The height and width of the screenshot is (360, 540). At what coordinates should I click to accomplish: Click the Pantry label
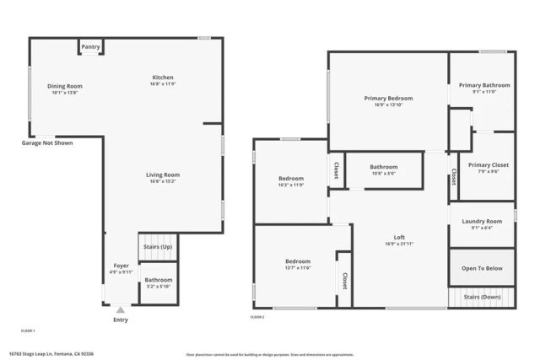point(91,47)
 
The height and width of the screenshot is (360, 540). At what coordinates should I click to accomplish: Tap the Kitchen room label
point(162,78)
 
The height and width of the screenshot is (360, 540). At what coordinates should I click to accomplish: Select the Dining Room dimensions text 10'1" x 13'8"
point(64,93)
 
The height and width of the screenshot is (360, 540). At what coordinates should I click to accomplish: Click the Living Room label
point(165,175)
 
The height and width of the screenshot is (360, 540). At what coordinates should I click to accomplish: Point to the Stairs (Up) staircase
point(158,247)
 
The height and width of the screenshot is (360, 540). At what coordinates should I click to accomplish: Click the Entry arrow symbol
point(121,309)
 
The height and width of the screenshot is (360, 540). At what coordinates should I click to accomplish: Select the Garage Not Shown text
point(47,143)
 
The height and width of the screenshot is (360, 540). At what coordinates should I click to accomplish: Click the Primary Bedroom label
point(388,99)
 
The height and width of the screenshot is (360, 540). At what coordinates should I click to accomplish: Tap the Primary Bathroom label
point(484,85)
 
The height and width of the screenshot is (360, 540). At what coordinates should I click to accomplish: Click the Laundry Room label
point(482,222)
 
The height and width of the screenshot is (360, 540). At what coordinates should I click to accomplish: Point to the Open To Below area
point(482,268)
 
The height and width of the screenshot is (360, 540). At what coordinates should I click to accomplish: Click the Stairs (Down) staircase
point(482,297)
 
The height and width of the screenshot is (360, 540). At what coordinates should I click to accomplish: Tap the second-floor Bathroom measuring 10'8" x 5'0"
point(383,167)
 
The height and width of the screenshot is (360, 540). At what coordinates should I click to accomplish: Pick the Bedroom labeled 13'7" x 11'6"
point(297,261)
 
